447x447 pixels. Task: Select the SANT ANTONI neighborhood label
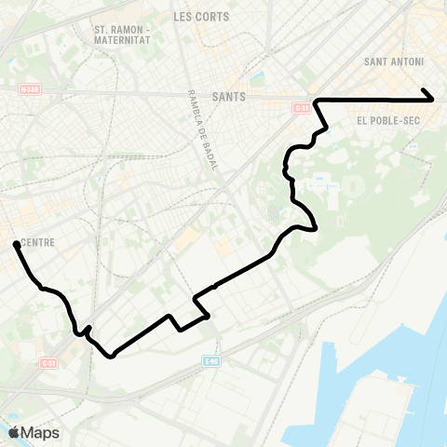pyautogui.click(x=396, y=62)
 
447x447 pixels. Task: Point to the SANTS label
pyautogui.click(x=228, y=95)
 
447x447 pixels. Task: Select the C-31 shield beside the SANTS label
pyautogui.click(x=301, y=108)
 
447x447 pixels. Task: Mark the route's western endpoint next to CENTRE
pyautogui.click(x=15, y=244)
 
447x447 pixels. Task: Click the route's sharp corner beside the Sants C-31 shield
pyautogui.click(x=318, y=100)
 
